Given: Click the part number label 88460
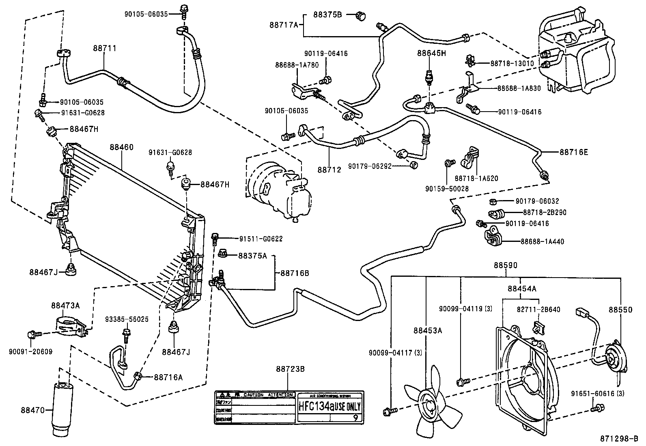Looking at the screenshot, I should (x=121, y=147).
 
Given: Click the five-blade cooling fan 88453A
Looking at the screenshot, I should (x=431, y=404).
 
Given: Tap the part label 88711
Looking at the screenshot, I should (x=104, y=48).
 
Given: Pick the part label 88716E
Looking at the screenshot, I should (x=574, y=152).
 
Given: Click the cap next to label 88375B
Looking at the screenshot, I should (x=360, y=16).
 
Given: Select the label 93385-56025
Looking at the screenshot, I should (x=127, y=319).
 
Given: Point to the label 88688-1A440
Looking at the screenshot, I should (x=542, y=241).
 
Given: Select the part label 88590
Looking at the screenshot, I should (x=505, y=265).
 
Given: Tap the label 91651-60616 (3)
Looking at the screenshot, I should (x=597, y=393).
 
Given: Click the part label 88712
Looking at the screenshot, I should (x=329, y=170).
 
